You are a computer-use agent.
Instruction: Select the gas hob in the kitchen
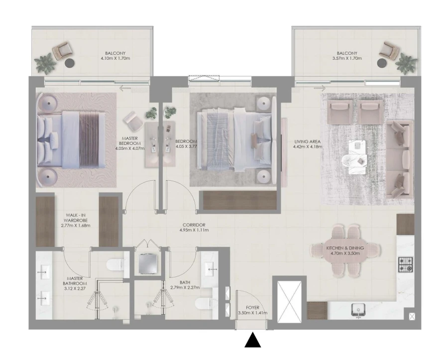pyautogui.click(x=405, y=264)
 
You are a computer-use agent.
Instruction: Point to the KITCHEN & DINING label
pyautogui.click(x=345, y=250)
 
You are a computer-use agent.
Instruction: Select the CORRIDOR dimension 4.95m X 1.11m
pyautogui.click(x=194, y=230)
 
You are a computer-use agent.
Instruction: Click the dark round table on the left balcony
pyautogui.click(x=70, y=64)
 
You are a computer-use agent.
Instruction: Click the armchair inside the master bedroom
pyautogui.click(x=133, y=119)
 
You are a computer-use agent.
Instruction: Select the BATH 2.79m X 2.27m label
pyautogui.click(x=185, y=284)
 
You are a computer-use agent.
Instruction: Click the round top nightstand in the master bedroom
pyautogui.click(x=49, y=104)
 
